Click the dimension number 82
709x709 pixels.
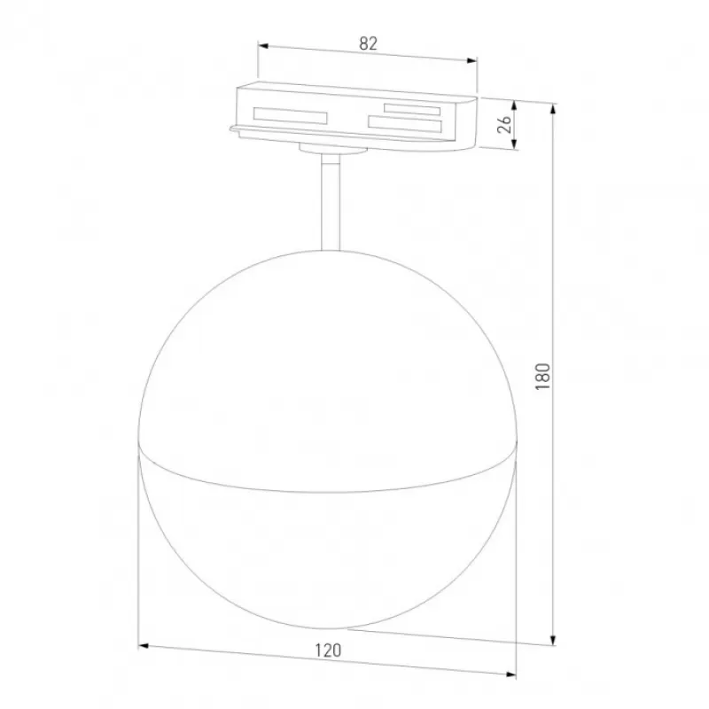coord(368,43)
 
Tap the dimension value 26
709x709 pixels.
coord(504,124)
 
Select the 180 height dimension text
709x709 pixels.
coord(542,376)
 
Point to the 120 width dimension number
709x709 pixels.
coord(328,651)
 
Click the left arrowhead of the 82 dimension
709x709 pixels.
coord(263,46)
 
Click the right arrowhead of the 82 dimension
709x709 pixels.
coord(472,60)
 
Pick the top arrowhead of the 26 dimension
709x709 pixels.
coord(514,105)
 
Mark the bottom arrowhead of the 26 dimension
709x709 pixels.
coord(514,144)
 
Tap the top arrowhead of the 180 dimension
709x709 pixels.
coord(552,109)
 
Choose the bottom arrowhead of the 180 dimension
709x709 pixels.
coord(552,639)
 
